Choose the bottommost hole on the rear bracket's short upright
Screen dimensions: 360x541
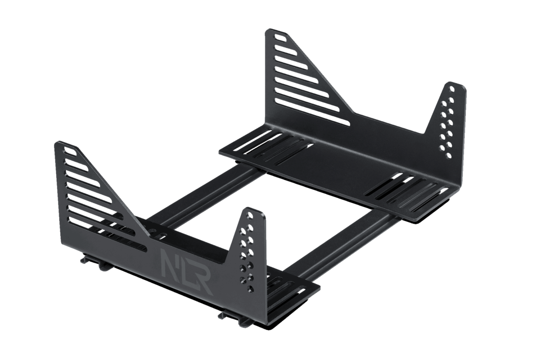coord(448,155)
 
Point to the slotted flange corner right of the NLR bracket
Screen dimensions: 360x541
coord(296,291)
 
